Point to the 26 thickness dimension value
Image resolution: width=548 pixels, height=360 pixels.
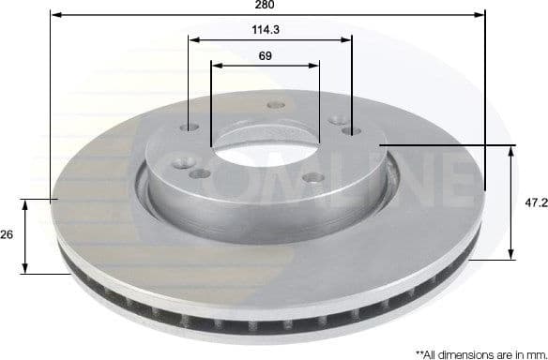coord(7,235)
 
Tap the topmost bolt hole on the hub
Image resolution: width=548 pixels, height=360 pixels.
coord(274,105)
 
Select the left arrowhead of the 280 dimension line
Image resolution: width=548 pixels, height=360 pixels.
coord(54,15)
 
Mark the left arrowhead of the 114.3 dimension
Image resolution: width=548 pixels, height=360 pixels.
coord(192,39)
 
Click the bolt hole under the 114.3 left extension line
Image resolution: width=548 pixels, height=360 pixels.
coord(193,129)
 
